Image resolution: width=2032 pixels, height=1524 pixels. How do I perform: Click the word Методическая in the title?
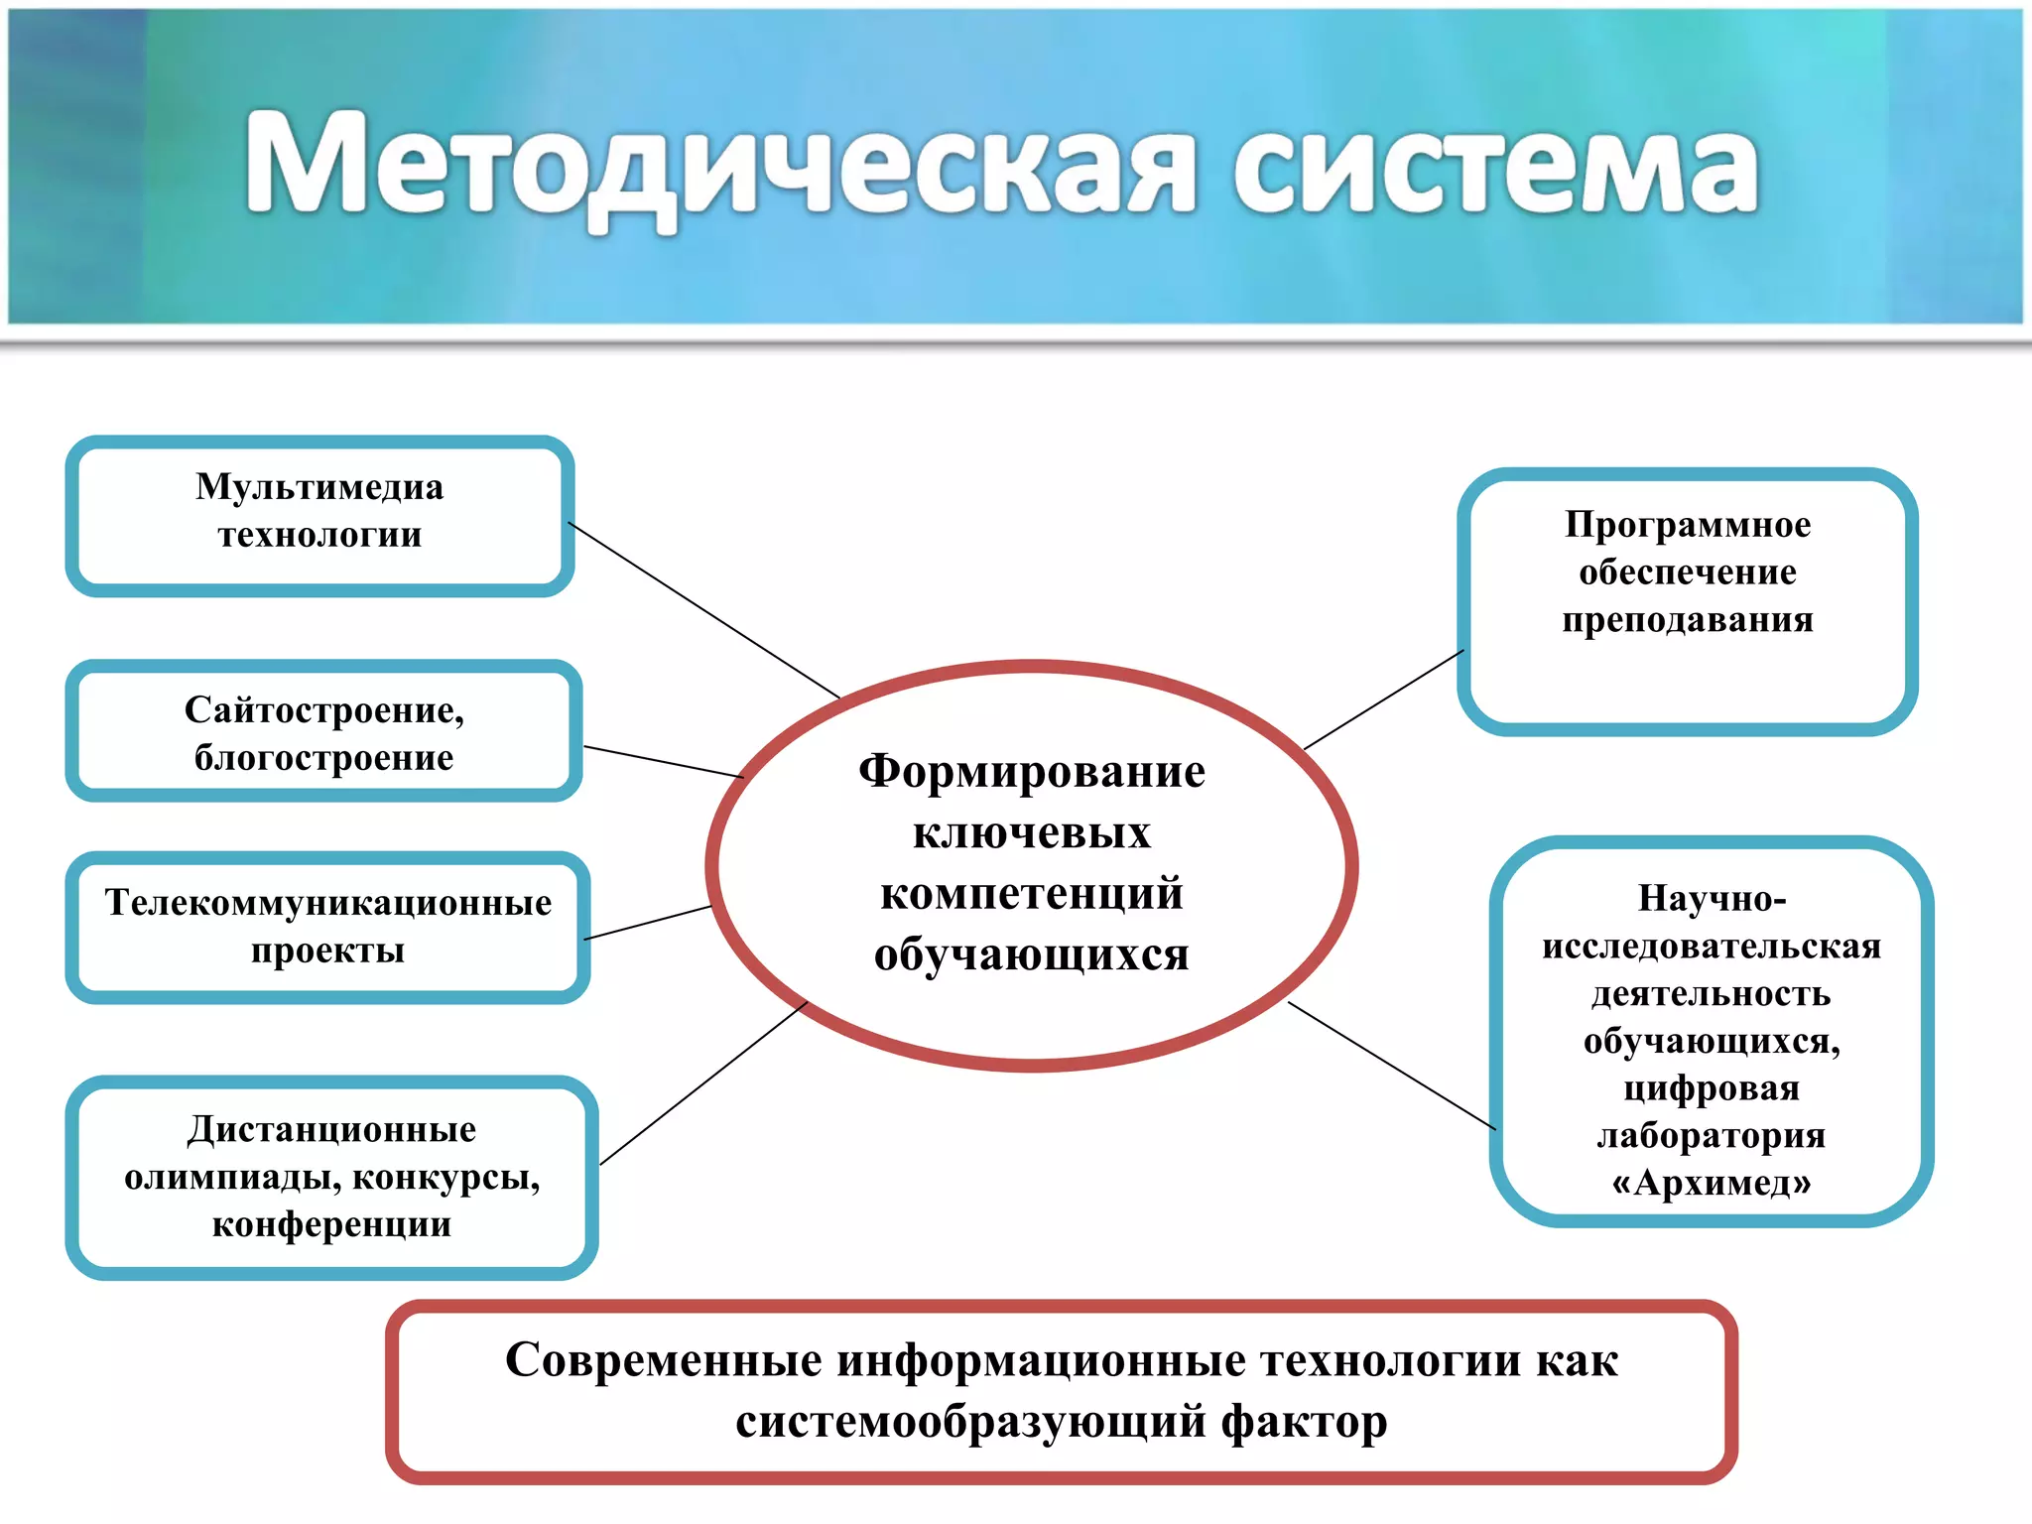pyautogui.click(x=719, y=164)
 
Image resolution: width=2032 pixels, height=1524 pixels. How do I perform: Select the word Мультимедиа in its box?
pyautogui.click(x=319, y=487)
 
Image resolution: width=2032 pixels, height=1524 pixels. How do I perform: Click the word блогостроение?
pyautogui.click(x=323, y=758)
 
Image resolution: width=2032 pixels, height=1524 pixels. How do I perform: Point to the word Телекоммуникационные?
pyautogui.click(x=328, y=903)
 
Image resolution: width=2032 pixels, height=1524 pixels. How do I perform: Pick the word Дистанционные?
pyautogui.click(x=332, y=1129)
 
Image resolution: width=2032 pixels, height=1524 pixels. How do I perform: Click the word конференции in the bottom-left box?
pyautogui.click(x=331, y=1224)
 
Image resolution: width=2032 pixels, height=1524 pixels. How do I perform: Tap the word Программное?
pyautogui.click(x=1688, y=525)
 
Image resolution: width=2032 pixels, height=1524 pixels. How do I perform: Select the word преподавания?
pyautogui.click(x=1688, y=620)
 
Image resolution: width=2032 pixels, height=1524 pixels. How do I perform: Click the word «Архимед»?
pyautogui.click(x=1712, y=1183)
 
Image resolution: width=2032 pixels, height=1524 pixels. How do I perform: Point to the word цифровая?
pyautogui.click(x=1712, y=1088)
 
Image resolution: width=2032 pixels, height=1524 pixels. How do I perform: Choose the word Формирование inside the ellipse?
pyautogui.click(x=1032, y=772)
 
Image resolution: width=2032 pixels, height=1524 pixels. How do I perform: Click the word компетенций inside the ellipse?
pyautogui.click(x=1032, y=894)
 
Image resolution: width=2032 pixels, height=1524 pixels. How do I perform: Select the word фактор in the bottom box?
pyautogui.click(x=1304, y=1422)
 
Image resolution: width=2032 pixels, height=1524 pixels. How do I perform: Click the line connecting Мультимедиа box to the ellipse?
pyautogui.click(x=704, y=610)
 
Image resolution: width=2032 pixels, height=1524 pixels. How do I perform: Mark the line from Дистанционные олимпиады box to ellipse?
pyautogui.click(x=704, y=1082)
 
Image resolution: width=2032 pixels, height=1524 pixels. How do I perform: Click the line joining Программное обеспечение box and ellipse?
pyautogui.click(x=1384, y=699)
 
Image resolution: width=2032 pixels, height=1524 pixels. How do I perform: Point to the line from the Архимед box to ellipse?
pyautogui.click(x=1392, y=1066)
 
